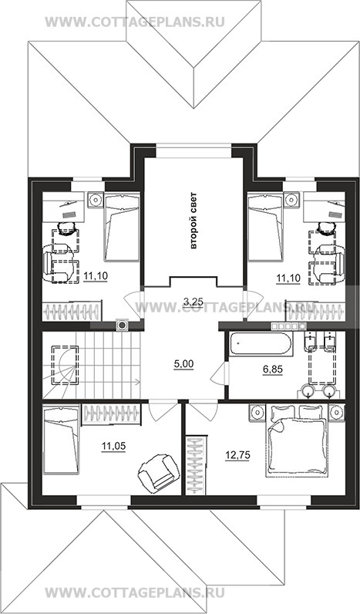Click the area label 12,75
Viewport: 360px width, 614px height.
click(x=237, y=455)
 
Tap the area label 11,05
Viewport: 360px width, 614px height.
click(x=113, y=446)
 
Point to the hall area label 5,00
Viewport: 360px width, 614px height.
click(x=183, y=364)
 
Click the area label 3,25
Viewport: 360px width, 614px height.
click(x=193, y=301)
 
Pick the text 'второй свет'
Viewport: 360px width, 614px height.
click(x=193, y=221)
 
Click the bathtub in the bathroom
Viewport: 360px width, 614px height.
click(x=261, y=344)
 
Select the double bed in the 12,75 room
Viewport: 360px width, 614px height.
click(x=296, y=441)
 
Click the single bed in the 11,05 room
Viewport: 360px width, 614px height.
click(x=61, y=440)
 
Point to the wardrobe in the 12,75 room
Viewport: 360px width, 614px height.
click(x=196, y=465)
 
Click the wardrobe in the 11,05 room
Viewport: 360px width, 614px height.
click(x=111, y=414)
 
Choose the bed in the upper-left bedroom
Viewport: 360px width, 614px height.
click(x=122, y=226)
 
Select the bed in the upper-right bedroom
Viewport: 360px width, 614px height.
click(x=265, y=226)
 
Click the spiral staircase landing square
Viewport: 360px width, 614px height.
click(x=65, y=366)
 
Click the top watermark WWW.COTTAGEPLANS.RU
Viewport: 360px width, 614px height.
click(x=135, y=22)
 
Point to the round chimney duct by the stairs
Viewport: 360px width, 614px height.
click(x=122, y=325)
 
